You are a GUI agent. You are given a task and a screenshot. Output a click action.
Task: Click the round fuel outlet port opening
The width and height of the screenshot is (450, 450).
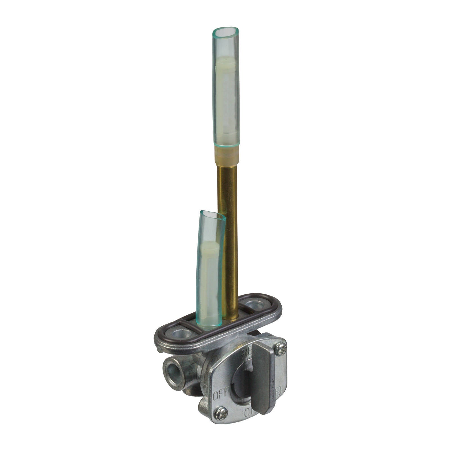click(x=172, y=374)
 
